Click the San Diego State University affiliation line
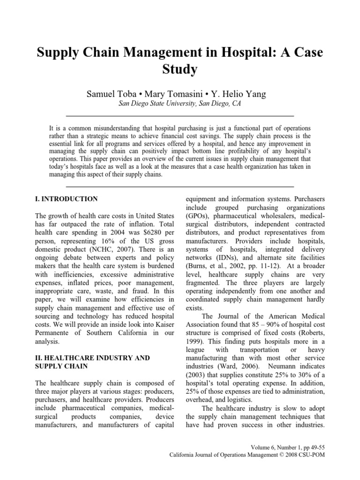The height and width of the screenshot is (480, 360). click(180, 105)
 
